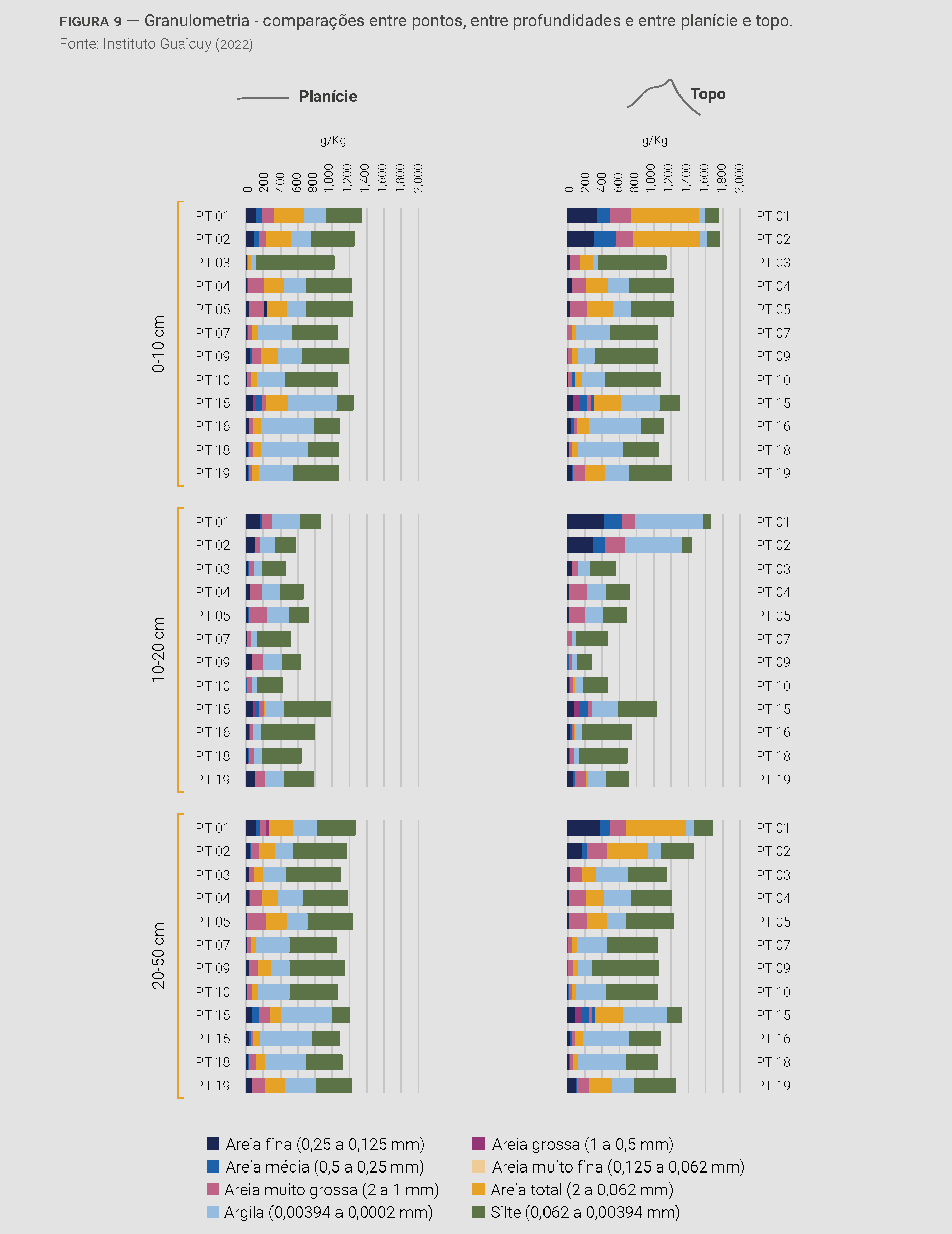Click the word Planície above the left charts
[x=327, y=97]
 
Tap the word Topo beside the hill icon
[x=708, y=94]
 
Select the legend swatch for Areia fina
[x=212, y=1144]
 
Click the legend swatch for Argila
[x=212, y=1211]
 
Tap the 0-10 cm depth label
[x=158, y=343]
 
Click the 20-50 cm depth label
[x=158, y=955]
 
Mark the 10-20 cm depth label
[x=158, y=649]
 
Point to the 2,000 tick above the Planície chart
[x=419, y=178]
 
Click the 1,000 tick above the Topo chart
[x=650, y=178]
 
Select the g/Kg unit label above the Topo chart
[x=654, y=141]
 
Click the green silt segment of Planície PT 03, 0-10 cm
[x=295, y=262]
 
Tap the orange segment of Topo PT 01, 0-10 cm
[x=664, y=216]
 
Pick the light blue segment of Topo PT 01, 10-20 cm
[x=668, y=522]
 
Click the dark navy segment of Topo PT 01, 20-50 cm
[x=583, y=828]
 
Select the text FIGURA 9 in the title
[x=91, y=22]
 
